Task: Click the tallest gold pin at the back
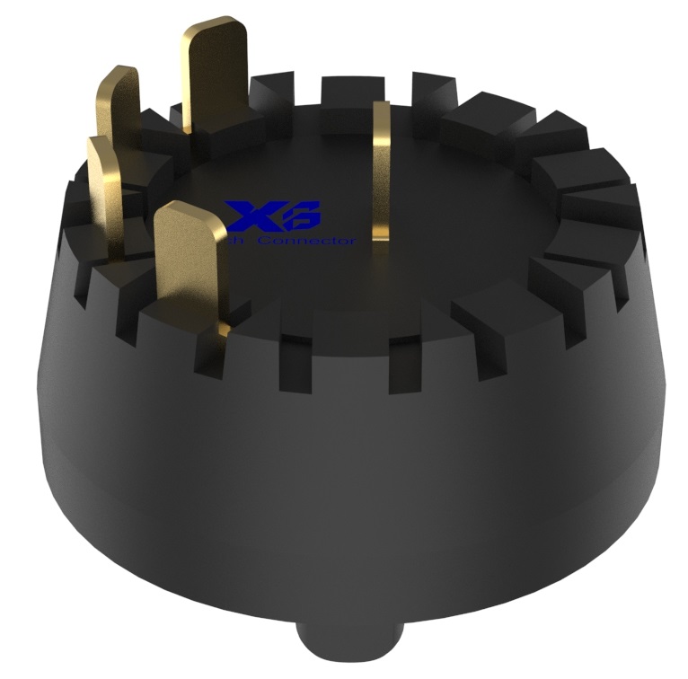click(x=214, y=76)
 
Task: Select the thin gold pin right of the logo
click(x=382, y=171)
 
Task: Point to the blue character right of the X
click(x=304, y=215)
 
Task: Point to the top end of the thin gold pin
click(x=382, y=110)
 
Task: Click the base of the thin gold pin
click(x=382, y=235)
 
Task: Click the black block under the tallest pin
click(x=225, y=135)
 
